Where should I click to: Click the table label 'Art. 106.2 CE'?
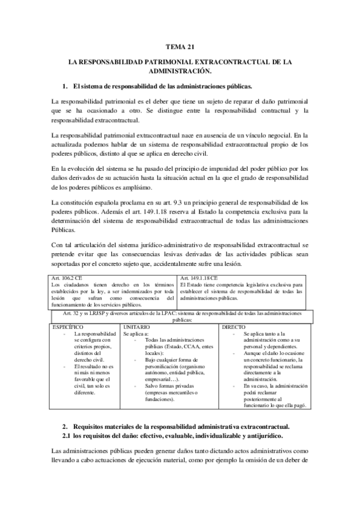point(67,277)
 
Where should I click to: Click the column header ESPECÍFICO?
point(68,326)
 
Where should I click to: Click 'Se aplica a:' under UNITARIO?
point(136,333)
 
